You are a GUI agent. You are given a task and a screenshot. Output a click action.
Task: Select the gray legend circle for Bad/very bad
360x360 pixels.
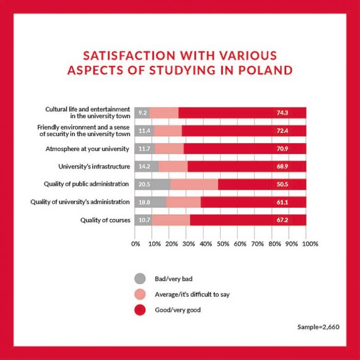coord(140,278)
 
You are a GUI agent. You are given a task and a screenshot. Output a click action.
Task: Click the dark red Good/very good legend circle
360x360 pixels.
coord(140,310)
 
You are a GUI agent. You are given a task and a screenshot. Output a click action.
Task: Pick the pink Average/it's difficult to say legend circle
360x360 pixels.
coord(140,294)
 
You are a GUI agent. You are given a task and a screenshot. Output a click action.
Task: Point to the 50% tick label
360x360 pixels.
coord(222,244)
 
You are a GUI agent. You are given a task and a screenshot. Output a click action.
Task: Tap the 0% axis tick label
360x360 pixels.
coord(136,244)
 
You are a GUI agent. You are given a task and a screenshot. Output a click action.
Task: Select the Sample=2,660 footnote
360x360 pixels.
coord(318,327)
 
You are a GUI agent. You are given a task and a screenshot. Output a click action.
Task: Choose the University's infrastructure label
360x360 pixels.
coord(94,166)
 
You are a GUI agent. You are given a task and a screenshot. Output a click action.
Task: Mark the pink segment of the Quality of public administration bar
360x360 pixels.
coord(194,184)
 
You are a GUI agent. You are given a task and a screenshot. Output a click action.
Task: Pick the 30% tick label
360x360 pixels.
coord(188,244)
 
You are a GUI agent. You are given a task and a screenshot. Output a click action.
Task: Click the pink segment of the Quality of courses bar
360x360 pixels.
coord(171,220)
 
